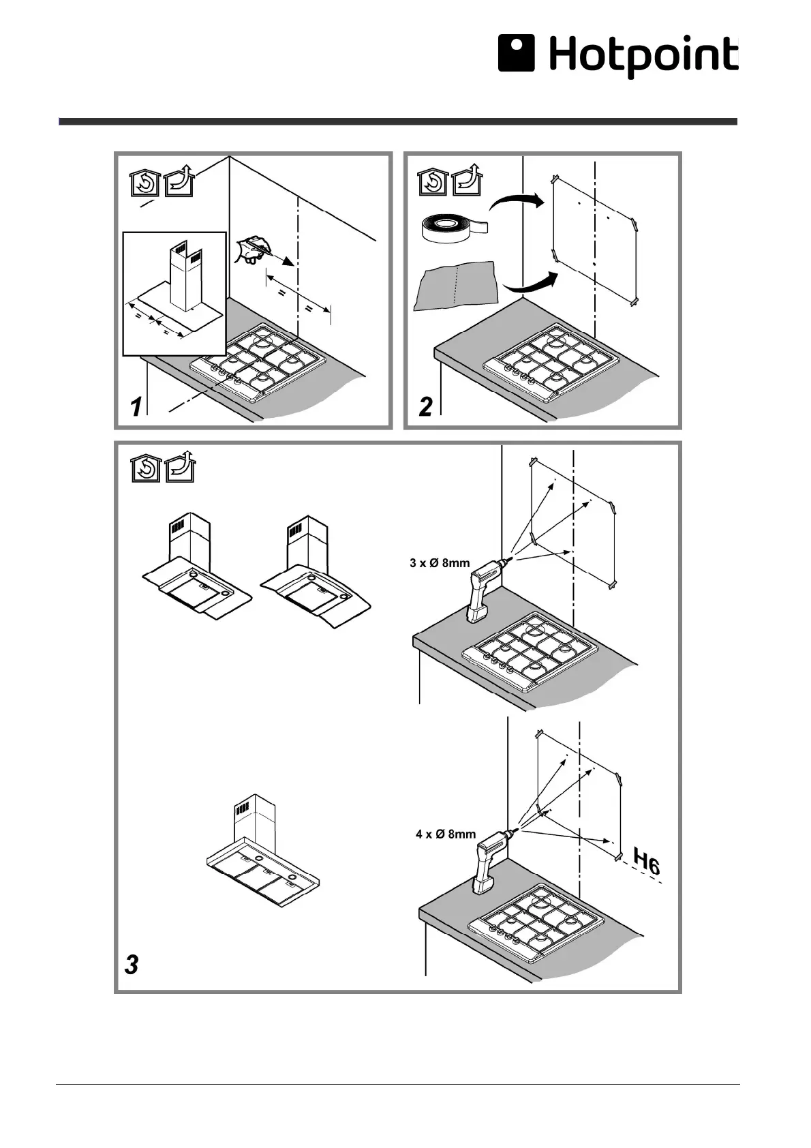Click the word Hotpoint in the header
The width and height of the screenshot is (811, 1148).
coord(643,56)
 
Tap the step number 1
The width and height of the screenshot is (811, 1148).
coord(137,408)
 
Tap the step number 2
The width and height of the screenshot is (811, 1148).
coord(425,407)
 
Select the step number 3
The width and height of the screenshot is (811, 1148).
coord(132,965)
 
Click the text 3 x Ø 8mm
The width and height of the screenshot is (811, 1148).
coord(440,563)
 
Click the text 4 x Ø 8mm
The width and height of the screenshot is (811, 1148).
coord(446,834)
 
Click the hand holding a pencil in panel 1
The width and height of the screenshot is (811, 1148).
coord(251,249)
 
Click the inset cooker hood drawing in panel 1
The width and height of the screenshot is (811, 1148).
coord(174,293)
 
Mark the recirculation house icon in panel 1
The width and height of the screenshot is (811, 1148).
coord(144,183)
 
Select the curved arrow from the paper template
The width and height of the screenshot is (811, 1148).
coord(532,283)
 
